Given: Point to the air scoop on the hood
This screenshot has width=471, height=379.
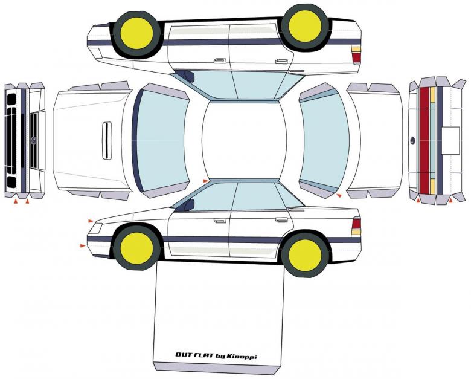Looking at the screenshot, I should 106,141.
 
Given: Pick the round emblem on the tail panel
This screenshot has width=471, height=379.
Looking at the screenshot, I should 413,141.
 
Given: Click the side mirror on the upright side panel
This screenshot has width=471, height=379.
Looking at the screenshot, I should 188,206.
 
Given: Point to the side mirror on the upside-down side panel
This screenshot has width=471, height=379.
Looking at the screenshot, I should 188,76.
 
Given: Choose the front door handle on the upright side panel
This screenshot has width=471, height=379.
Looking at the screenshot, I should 220,221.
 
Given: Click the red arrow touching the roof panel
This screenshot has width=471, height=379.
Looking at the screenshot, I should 205,181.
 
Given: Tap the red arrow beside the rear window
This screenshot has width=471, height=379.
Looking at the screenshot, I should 339,196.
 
